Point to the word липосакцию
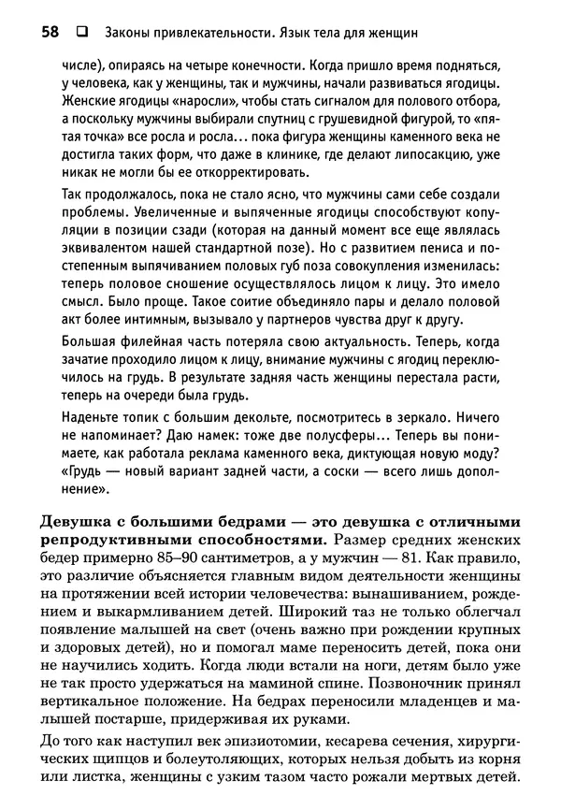coord(451,156)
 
